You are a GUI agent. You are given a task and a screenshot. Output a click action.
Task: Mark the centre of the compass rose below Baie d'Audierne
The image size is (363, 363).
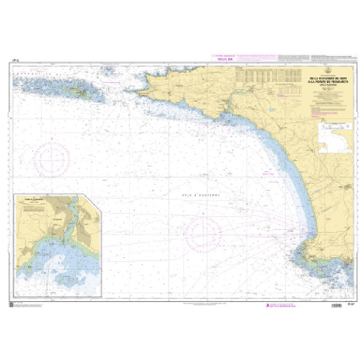[204, 234]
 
